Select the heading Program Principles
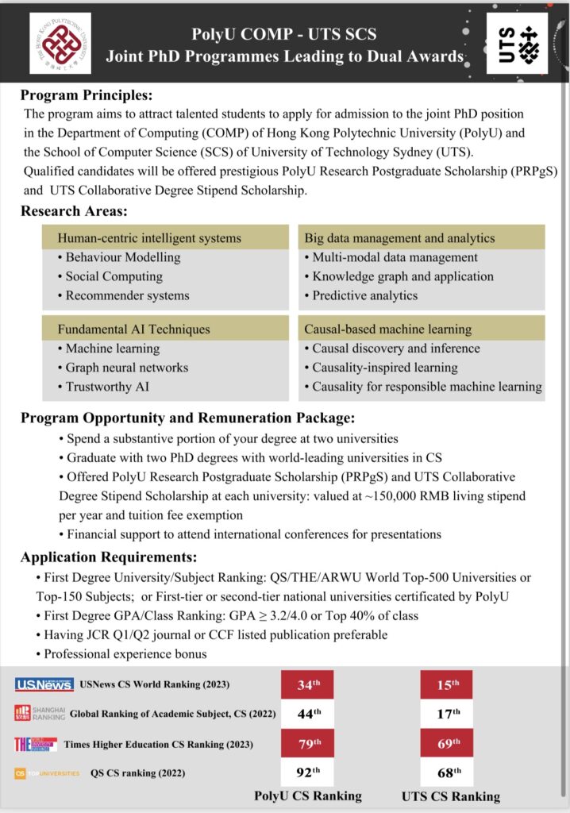point(86,96)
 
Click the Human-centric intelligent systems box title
point(149,238)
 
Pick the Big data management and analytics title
point(399,238)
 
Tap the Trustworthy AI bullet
point(107,387)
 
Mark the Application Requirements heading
point(109,557)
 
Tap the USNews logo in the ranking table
point(44,684)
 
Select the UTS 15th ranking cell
point(446,684)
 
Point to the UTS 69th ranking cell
point(446,743)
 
